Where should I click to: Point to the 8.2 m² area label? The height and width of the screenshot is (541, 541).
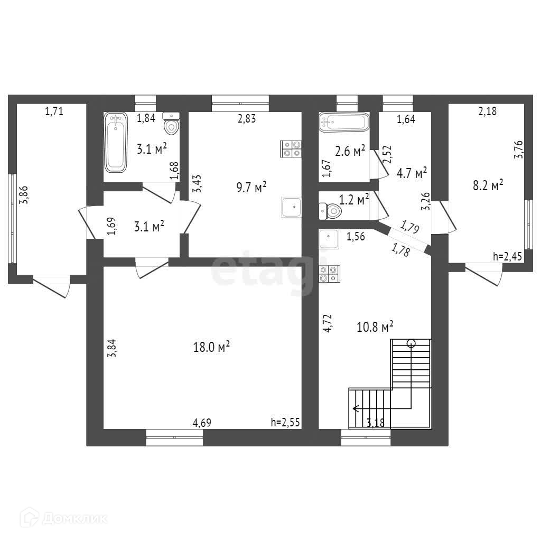(x=487, y=185)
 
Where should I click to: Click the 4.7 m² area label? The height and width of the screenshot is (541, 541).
(x=412, y=173)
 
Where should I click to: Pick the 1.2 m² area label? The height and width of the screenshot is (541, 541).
(x=353, y=200)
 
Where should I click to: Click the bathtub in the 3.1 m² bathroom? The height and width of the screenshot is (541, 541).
(x=116, y=142)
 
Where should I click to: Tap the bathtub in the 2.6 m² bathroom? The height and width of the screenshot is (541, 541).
(x=343, y=123)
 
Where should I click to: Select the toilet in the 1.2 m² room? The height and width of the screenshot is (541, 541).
(x=330, y=211)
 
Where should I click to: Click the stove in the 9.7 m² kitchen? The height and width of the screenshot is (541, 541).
(x=291, y=148)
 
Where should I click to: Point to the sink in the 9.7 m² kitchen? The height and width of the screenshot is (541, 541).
(x=291, y=207)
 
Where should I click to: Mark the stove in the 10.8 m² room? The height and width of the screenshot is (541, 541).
(x=329, y=273)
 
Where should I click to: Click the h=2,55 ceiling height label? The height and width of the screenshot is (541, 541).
(x=286, y=422)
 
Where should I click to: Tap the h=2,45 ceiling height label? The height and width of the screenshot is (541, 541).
(x=507, y=257)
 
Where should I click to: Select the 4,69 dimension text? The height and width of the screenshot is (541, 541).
(x=203, y=423)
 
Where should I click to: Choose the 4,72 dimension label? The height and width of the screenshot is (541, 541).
(x=328, y=322)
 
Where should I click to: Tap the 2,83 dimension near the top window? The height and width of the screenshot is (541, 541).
(x=247, y=119)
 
